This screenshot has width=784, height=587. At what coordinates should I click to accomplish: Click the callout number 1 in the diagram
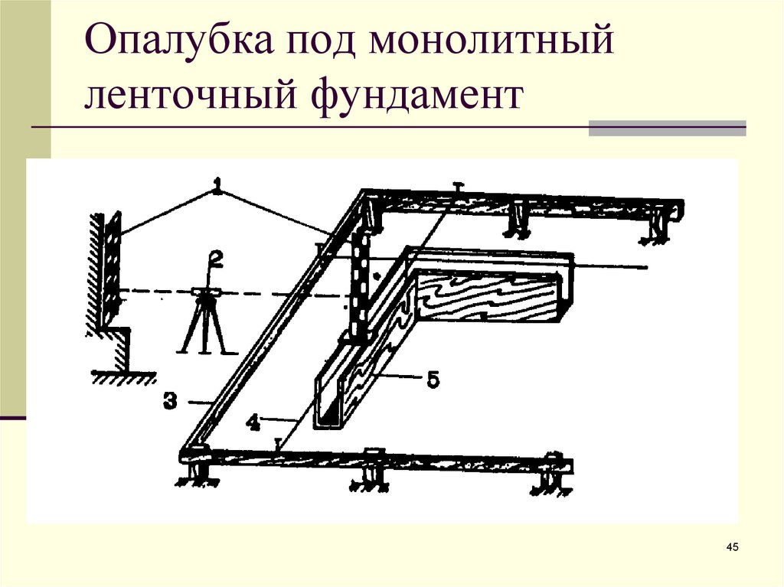[x=219, y=184]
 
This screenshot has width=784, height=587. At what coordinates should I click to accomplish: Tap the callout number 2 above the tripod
[x=217, y=261]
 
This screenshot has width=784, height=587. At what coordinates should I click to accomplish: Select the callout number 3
[x=170, y=399]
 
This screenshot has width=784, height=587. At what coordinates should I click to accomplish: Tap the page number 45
[x=731, y=546]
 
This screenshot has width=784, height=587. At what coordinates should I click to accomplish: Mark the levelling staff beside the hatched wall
[x=113, y=268]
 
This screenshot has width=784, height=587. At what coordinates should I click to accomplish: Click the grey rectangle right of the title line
[x=667, y=128]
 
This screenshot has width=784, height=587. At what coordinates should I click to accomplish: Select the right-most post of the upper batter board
[x=657, y=229]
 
